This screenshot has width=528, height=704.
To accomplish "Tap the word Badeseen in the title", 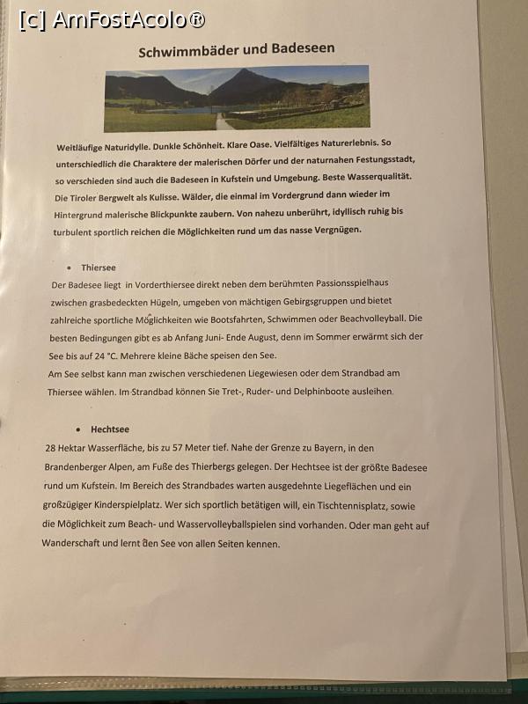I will pyautogui.click(x=304, y=49).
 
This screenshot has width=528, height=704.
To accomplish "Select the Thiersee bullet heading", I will pyautogui.click(x=98, y=267).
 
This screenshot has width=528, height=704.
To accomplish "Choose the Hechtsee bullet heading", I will pyautogui.click(x=109, y=429).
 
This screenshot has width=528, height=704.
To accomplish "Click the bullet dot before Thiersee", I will pyautogui.click(x=69, y=268).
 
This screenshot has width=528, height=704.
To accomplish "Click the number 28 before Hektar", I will pyautogui.click(x=51, y=448).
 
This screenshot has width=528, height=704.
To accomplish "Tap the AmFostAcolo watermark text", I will pyautogui.click(x=113, y=18).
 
